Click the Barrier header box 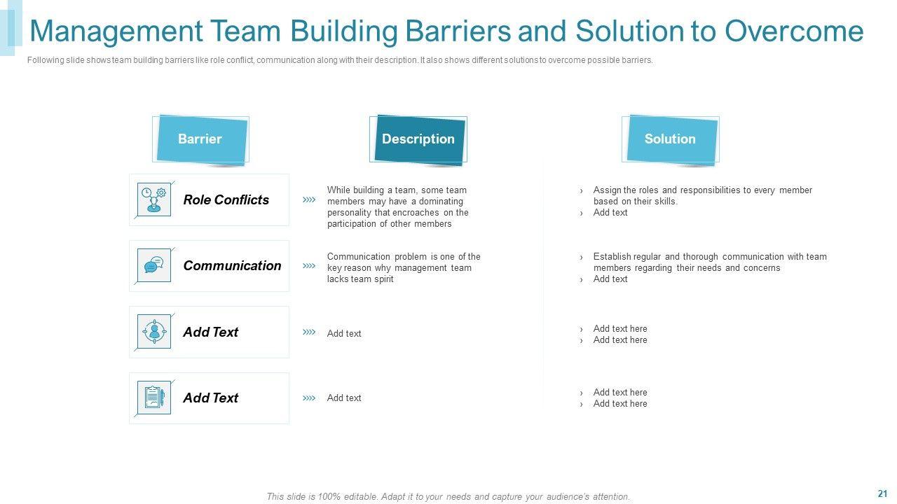click(x=200, y=139)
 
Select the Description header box click(x=418, y=139)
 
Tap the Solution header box click(x=670, y=139)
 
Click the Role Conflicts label click(x=226, y=200)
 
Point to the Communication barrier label click(x=232, y=266)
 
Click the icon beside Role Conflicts click(x=154, y=199)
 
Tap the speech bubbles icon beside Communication click(x=154, y=265)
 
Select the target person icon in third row click(x=154, y=332)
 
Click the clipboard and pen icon click(x=154, y=398)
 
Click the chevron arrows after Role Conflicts click(x=309, y=200)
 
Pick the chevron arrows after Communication click(x=309, y=266)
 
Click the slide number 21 click(x=882, y=493)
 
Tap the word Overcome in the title click(x=794, y=31)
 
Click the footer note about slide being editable click(x=448, y=497)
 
